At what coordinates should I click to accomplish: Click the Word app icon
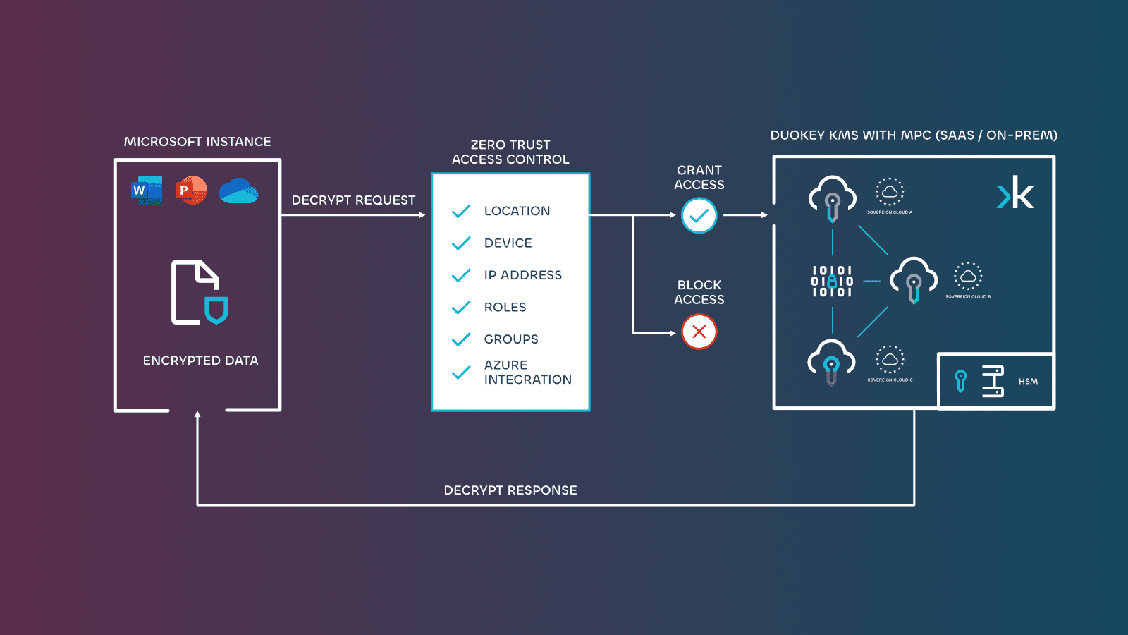[x=147, y=190]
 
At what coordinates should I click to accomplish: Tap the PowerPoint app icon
[x=192, y=190]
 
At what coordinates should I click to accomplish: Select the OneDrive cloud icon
[x=238, y=191]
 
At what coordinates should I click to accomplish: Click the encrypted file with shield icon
[x=200, y=292]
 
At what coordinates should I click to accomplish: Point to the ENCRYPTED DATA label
[x=200, y=361]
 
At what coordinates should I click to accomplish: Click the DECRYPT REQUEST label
[x=353, y=200]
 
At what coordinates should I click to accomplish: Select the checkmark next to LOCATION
[x=461, y=211]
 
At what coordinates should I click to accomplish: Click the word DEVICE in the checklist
[x=508, y=243]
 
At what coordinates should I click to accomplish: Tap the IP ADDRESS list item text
[x=522, y=275]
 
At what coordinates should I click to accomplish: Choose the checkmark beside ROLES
[x=461, y=308]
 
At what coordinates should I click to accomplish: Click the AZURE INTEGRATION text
[x=527, y=373]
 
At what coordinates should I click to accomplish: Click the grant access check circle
[x=699, y=216]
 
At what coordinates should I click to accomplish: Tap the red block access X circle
[x=699, y=332]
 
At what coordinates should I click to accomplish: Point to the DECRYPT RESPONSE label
[x=510, y=490]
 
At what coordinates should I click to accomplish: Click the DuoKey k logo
[x=1015, y=193]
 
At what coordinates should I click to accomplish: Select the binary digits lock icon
[x=832, y=282]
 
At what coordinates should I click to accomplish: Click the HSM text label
[x=1028, y=382]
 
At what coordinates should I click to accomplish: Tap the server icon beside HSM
[x=993, y=382]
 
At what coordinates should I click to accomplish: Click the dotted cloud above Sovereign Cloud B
[x=968, y=276]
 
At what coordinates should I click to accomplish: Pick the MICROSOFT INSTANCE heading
[x=197, y=142]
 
